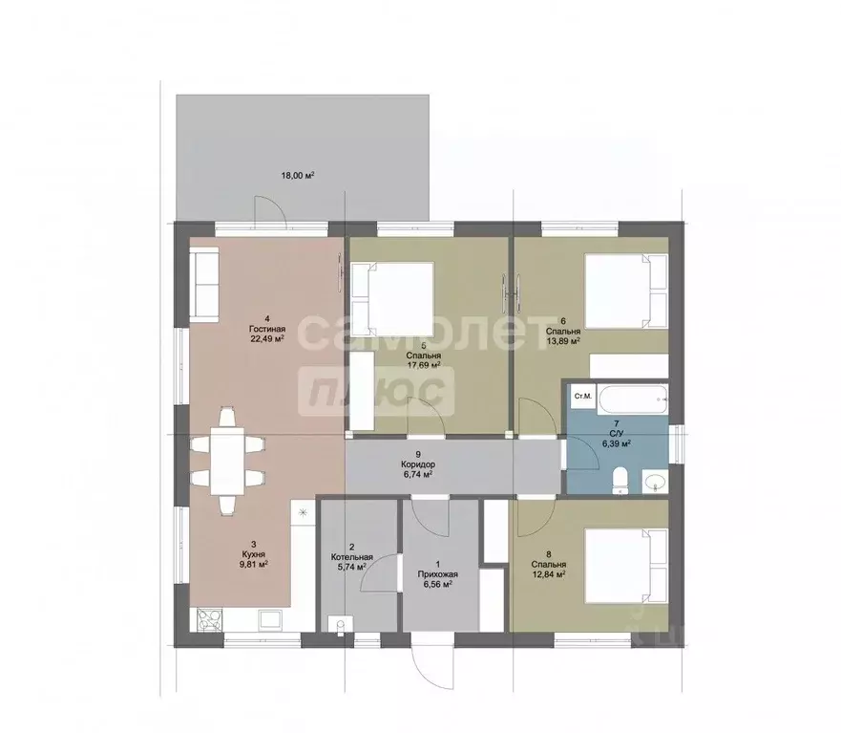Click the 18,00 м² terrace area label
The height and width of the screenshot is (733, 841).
tap(297, 175)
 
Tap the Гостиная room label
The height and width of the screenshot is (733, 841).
tap(267, 329)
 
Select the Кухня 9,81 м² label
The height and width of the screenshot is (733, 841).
tap(254, 559)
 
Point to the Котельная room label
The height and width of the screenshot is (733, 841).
tap(352, 557)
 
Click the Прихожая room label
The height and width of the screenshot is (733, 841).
tap(437, 574)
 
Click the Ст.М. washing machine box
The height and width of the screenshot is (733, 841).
tap(583, 397)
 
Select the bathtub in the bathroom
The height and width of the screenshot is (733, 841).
tap(634, 398)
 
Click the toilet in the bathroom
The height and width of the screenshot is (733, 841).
tap(620, 481)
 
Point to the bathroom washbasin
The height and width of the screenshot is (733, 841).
tap(655, 481)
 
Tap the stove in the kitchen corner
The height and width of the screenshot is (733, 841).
tap(210, 619)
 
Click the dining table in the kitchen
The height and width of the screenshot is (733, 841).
tap(227, 461)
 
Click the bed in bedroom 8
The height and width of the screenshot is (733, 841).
tap(626, 565)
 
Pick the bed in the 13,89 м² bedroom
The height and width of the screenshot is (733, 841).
tap(626, 291)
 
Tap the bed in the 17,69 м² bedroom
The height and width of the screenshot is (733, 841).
tap(392, 298)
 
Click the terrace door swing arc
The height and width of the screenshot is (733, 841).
tap(271, 208)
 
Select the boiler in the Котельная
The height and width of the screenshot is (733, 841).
tap(341, 626)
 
